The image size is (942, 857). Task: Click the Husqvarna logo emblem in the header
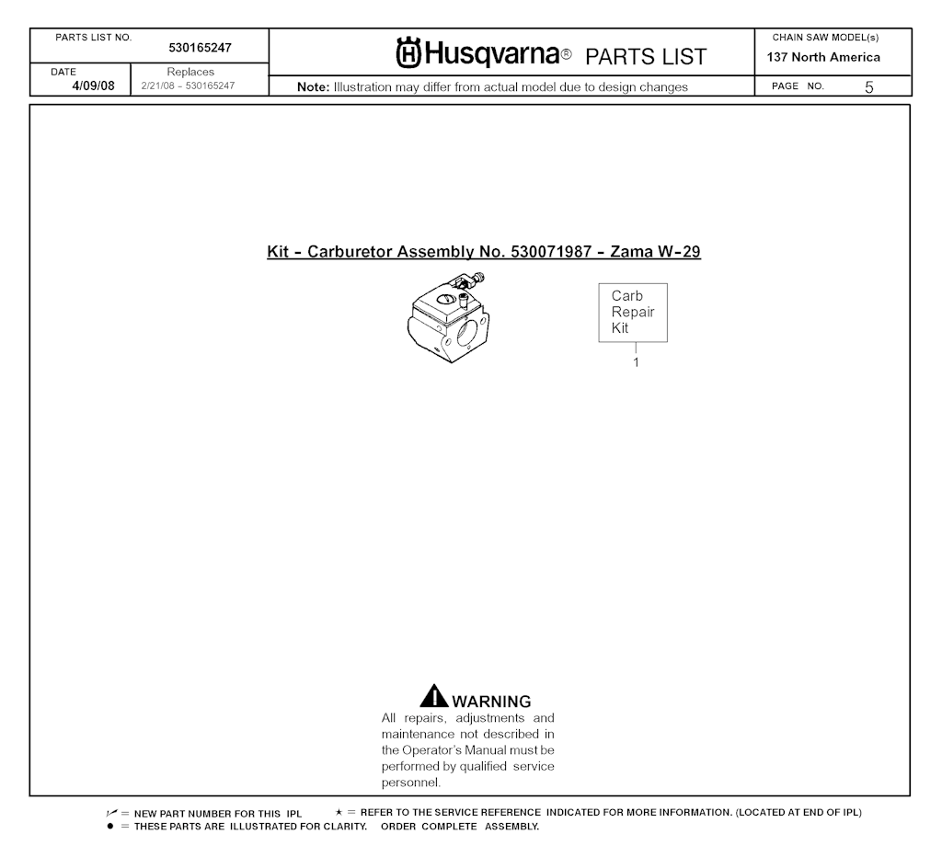409,54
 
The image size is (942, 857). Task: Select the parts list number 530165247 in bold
200,48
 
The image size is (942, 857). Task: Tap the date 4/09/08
94,86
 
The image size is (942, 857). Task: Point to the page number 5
868,87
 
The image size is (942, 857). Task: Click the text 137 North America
823,57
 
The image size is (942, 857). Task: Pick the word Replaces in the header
190,72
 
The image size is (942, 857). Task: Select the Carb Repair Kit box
633,313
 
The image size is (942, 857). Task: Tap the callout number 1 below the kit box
636,362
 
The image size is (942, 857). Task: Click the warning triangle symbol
434,698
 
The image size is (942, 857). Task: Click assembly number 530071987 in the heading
549,252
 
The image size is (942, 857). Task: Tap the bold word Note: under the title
314,87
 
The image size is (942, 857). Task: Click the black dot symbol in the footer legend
110,826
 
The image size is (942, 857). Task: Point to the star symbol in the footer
339,813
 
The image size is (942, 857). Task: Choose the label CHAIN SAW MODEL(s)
825,38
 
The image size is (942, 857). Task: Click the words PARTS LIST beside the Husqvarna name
646,57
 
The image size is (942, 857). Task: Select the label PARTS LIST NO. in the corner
94,38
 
